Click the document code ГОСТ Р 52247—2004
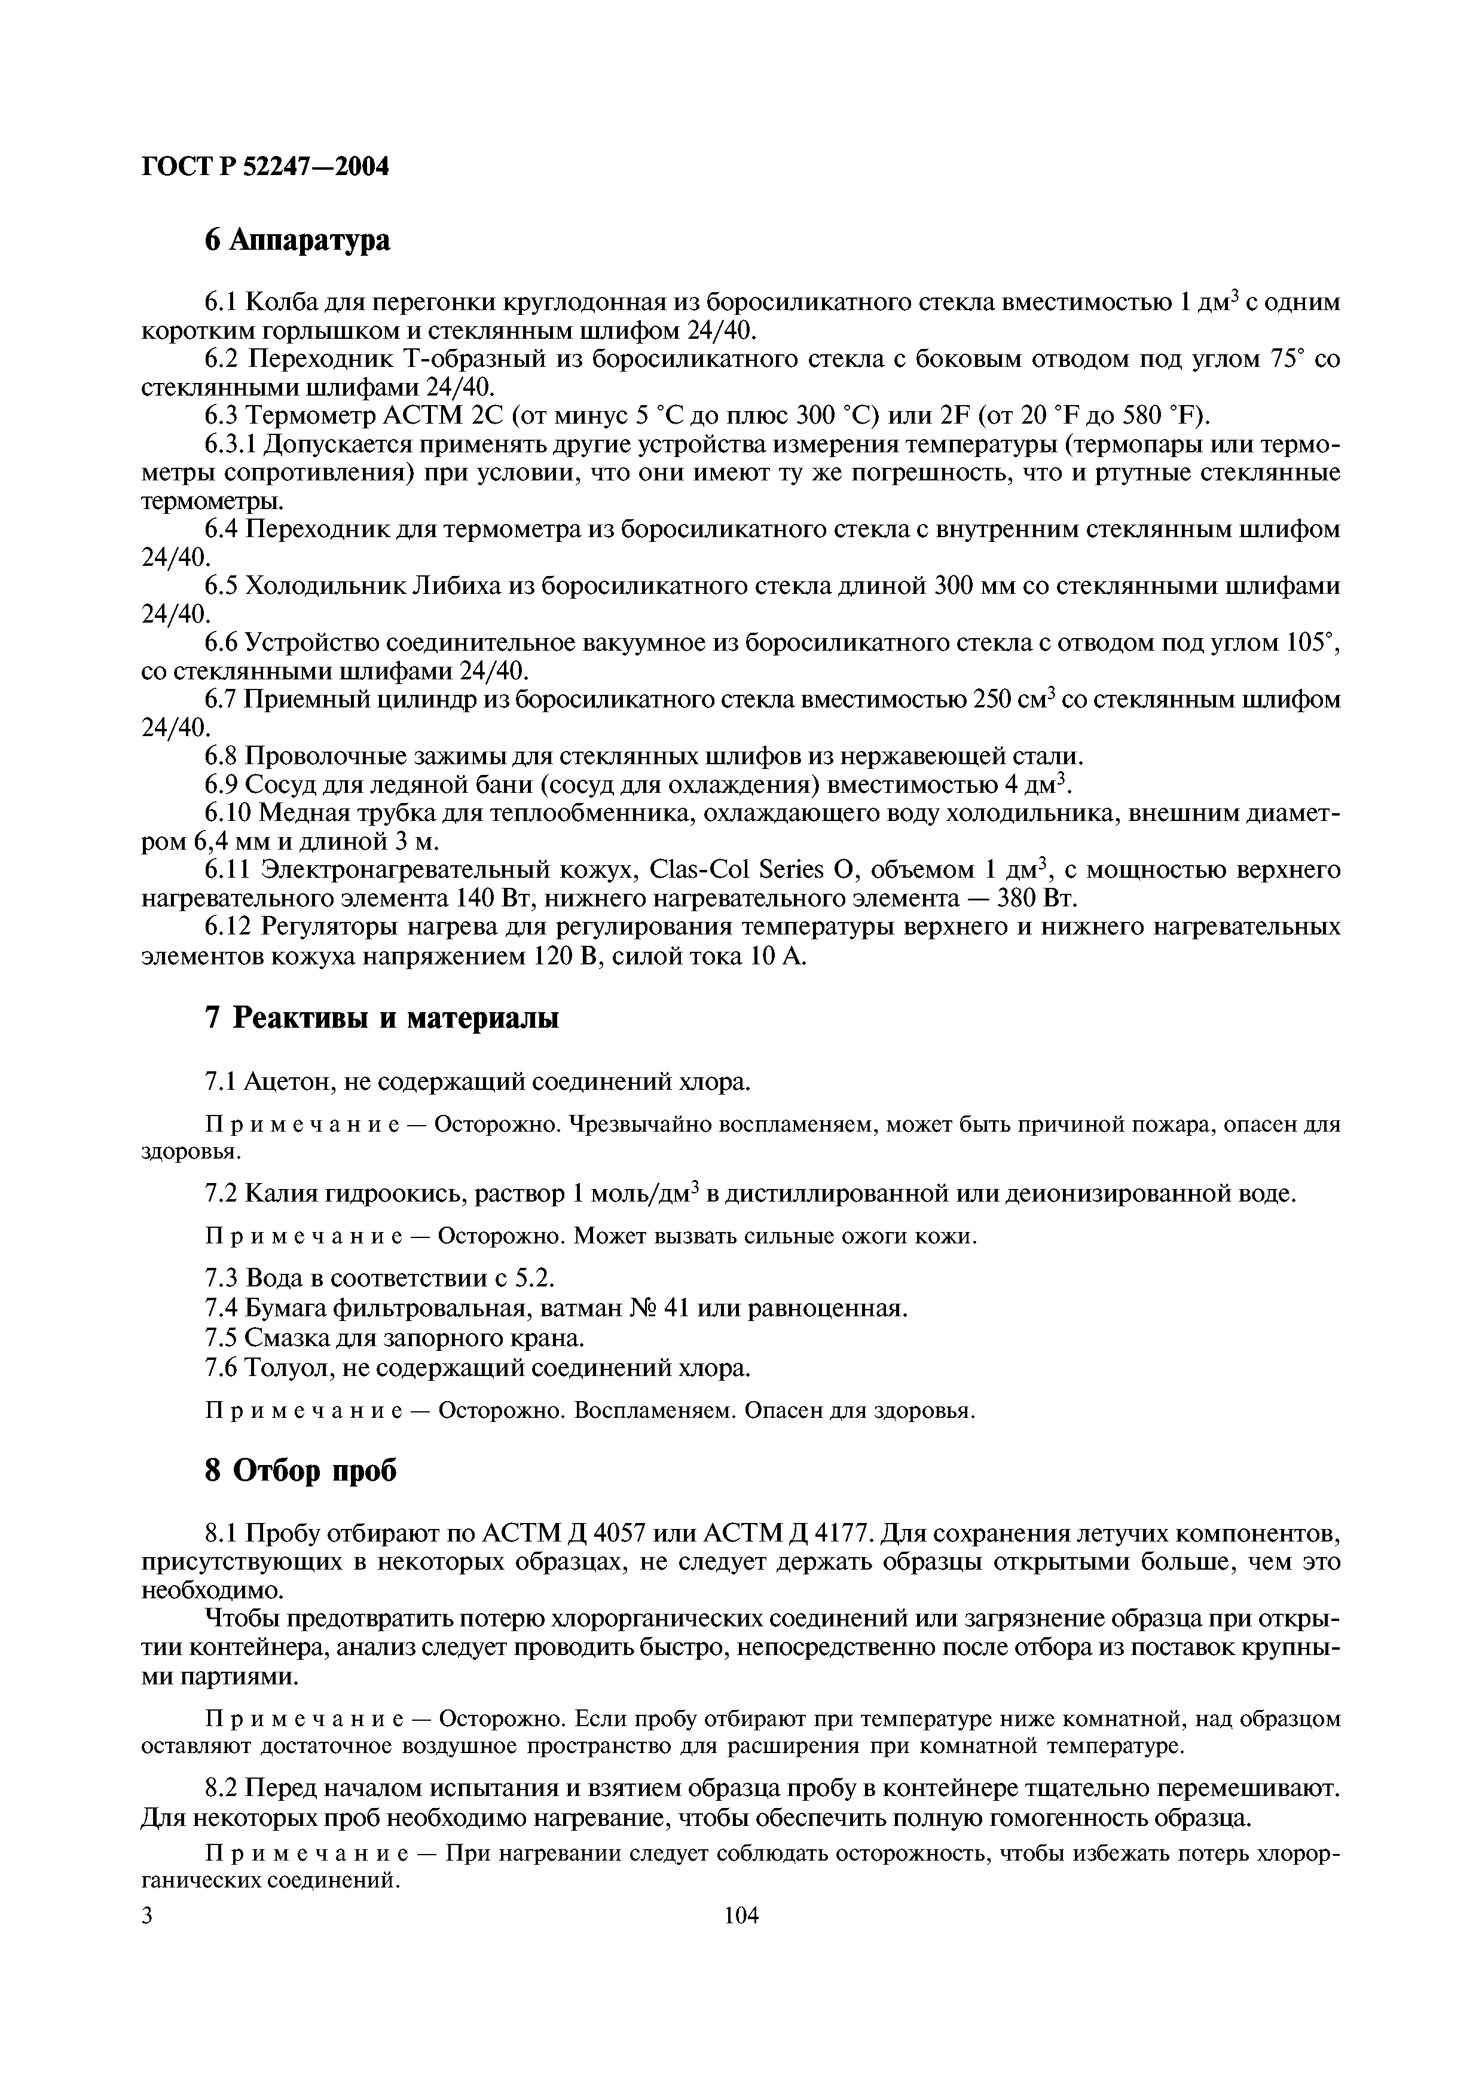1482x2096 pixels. click(265, 167)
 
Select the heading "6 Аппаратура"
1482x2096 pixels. click(297, 240)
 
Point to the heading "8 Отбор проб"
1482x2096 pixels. click(301, 1470)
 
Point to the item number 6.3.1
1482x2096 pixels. click(233, 445)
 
